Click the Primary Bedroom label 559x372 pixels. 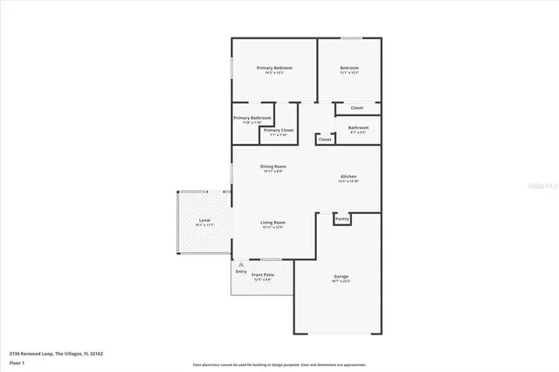tap(273, 68)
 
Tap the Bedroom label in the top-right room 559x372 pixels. tap(349, 68)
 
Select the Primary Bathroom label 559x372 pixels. tap(252, 118)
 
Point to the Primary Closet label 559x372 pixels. tap(279, 130)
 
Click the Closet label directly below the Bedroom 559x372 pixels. tap(356, 107)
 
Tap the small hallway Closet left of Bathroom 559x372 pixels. tap(325, 139)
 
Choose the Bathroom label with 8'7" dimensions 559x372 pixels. tap(358, 127)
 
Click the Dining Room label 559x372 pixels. tap(273, 166)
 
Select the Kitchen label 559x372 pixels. tap(349, 176)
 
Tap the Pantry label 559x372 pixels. tap(342, 219)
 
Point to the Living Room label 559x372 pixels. tap(273, 223)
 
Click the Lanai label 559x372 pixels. tap(204, 220)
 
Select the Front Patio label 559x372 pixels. tap(263, 276)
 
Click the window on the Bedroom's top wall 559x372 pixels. tap(351, 38)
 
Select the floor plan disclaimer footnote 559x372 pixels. tap(279, 365)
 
